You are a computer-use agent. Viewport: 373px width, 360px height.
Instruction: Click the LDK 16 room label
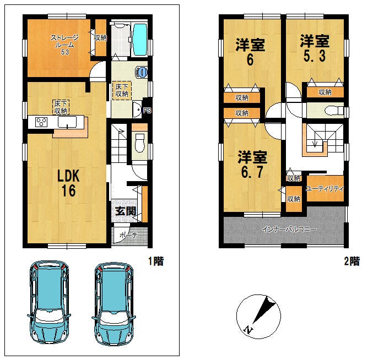coord(69,183)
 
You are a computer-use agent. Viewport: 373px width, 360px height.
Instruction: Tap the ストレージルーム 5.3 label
coord(64,45)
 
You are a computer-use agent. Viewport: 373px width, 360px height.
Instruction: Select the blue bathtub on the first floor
coord(139,40)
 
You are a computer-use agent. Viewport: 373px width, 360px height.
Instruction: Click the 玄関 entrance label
coord(126,211)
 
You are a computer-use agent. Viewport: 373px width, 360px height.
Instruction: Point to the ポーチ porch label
coord(128,235)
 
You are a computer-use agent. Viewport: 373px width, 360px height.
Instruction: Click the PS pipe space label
coord(147,111)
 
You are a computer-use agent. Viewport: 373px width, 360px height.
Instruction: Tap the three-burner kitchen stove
coord(41,122)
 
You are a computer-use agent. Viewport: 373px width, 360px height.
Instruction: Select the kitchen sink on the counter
coord(67,122)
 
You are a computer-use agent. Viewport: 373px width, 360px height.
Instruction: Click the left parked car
coord(49,302)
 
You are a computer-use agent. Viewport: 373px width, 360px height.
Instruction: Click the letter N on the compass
coord(248,330)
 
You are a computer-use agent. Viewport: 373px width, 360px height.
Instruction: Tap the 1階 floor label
coord(156,261)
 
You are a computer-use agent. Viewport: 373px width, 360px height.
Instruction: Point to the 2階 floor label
coord(352,261)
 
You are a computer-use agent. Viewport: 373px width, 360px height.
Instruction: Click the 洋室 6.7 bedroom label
coord(252,165)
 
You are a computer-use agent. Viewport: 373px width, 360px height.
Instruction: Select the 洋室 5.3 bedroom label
coord(315,48)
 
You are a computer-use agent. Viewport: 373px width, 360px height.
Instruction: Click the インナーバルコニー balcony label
coord(289,230)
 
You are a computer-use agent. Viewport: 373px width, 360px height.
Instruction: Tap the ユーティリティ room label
coord(325,189)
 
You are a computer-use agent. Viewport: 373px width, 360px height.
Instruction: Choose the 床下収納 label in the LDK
coord(61,107)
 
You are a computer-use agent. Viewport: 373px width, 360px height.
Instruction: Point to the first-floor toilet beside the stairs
coord(139,143)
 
